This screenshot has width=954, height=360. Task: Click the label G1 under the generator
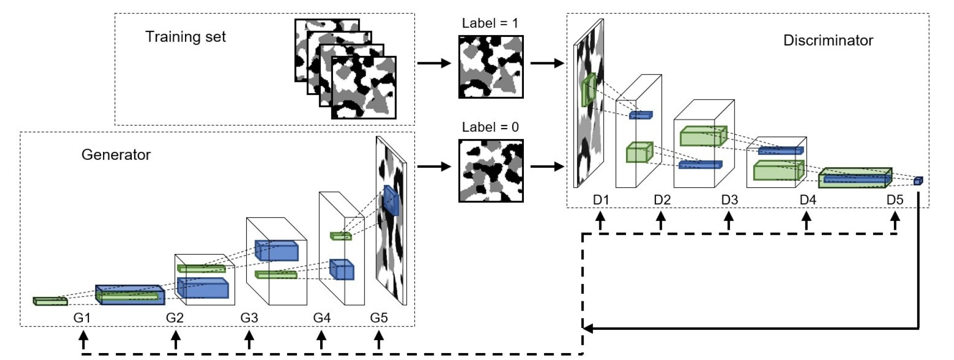(x=82, y=318)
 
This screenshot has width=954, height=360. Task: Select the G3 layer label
(x=249, y=318)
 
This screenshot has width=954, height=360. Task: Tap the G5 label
(x=379, y=318)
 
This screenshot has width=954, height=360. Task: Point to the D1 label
(x=601, y=200)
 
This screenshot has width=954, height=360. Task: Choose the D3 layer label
(x=730, y=200)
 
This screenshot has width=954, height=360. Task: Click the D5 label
(x=895, y=200)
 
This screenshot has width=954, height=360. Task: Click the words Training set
(x=185, y=37)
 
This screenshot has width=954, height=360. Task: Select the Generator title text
(x=116, y=155)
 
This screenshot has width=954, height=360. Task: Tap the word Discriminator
(x=828, y=40)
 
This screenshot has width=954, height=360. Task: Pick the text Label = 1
(x=490, y=23)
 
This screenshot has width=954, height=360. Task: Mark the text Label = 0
(x=490, y=127)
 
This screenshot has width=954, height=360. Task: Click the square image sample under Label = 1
(x=491, y=67)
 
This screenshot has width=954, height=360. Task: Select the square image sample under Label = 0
(x=491, y=171)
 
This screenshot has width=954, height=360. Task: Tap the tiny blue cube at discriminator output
(x=917, y=181)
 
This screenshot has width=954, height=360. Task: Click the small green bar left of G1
(x=50, y=301)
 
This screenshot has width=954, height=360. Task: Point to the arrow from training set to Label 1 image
(x=434, y=63)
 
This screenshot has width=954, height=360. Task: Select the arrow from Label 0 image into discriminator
(x=547, y=167)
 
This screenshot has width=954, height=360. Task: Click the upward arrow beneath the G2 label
(x=175, y=340)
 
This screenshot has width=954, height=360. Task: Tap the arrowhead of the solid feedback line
(x=587, y=328)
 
